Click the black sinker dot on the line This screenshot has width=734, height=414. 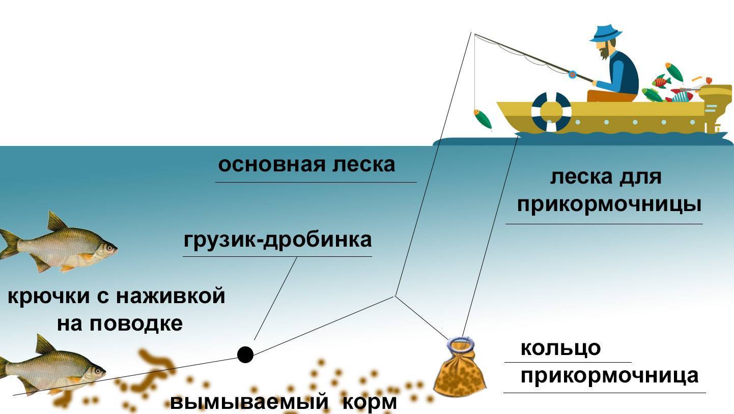(245, 354)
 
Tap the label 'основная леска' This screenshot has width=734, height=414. (306, 165)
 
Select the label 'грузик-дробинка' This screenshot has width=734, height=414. (277, 240)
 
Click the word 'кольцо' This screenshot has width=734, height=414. (560, 349)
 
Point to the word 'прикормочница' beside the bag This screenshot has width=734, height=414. (609, 376)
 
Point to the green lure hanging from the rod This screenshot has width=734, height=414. (482, 119)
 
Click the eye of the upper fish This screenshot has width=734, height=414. (108, 248)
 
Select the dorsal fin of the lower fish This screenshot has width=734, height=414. (45, 344)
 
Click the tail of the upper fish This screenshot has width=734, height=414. (8, 244)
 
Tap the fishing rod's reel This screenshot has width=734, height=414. (572, 75)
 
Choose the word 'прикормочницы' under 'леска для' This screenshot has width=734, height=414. (609, 204)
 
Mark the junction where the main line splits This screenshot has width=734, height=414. (395, 295)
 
